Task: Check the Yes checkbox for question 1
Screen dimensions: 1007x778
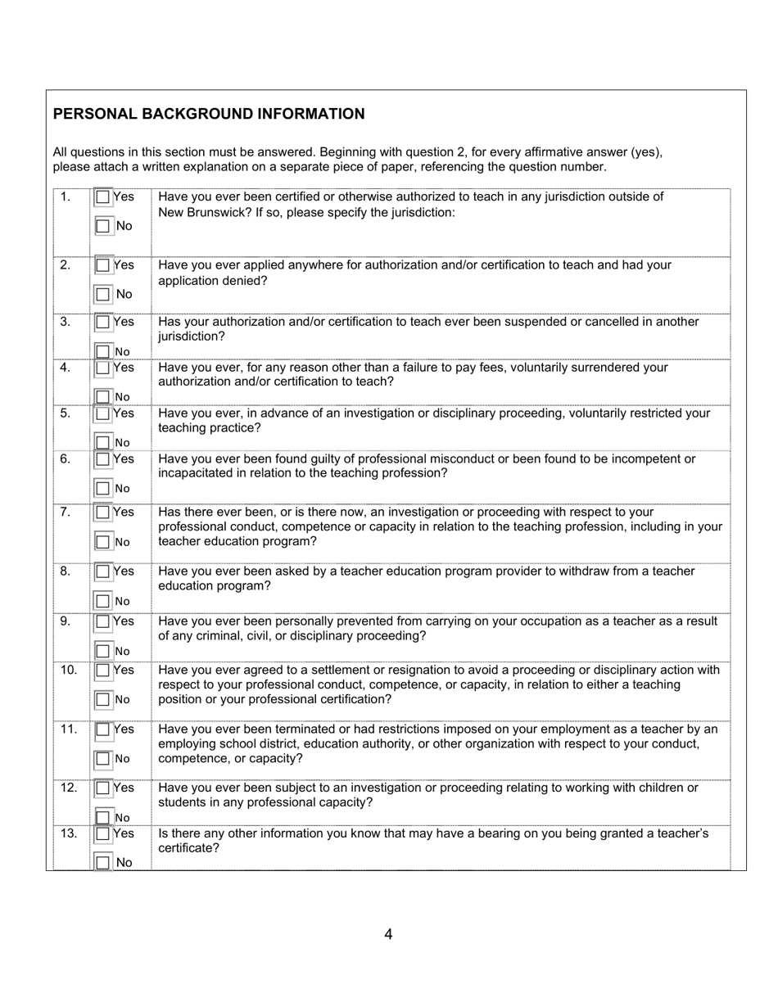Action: [x=103, y=197]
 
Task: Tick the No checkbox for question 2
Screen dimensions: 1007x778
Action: [x=103, y=294]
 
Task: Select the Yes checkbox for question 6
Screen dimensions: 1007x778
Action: [x=103, y=459]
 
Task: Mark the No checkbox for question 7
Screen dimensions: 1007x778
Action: [x=103, y=542]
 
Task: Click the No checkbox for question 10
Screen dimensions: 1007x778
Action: [x=103, y=700]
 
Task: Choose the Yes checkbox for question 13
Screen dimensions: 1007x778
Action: [x=103, y=834]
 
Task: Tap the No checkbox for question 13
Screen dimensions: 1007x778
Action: [x=103, y=863]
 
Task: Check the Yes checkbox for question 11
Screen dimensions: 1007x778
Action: [x=103, y=729]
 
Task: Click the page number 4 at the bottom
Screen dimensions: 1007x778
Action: [x=388, y=934]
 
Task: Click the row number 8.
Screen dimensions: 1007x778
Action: [x=66, y=571]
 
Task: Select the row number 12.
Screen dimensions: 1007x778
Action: [x=69, y=788]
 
